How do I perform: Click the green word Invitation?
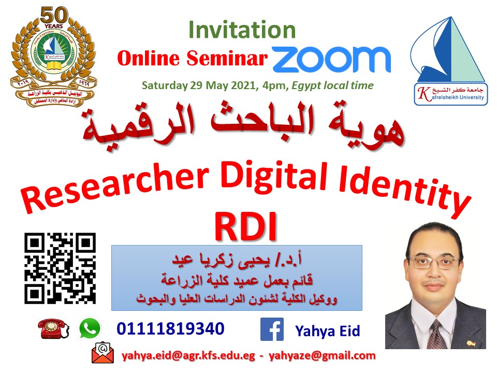point(242,30)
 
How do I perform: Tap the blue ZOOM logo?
point(331,59)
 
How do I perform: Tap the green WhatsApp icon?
point(90,328)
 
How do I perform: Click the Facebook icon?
point(271,329)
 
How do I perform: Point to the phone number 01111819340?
point(170,328)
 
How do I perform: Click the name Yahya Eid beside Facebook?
point(327,331)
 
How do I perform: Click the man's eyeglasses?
point(434,262)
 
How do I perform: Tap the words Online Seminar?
point(192,59)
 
